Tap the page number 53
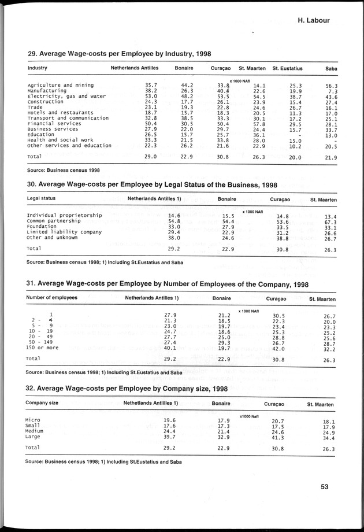325,487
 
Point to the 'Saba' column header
330,69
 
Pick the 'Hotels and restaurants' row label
60,112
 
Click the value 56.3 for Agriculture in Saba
330,85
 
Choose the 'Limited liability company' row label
64,232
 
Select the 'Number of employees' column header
51,298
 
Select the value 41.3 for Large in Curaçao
278,437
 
